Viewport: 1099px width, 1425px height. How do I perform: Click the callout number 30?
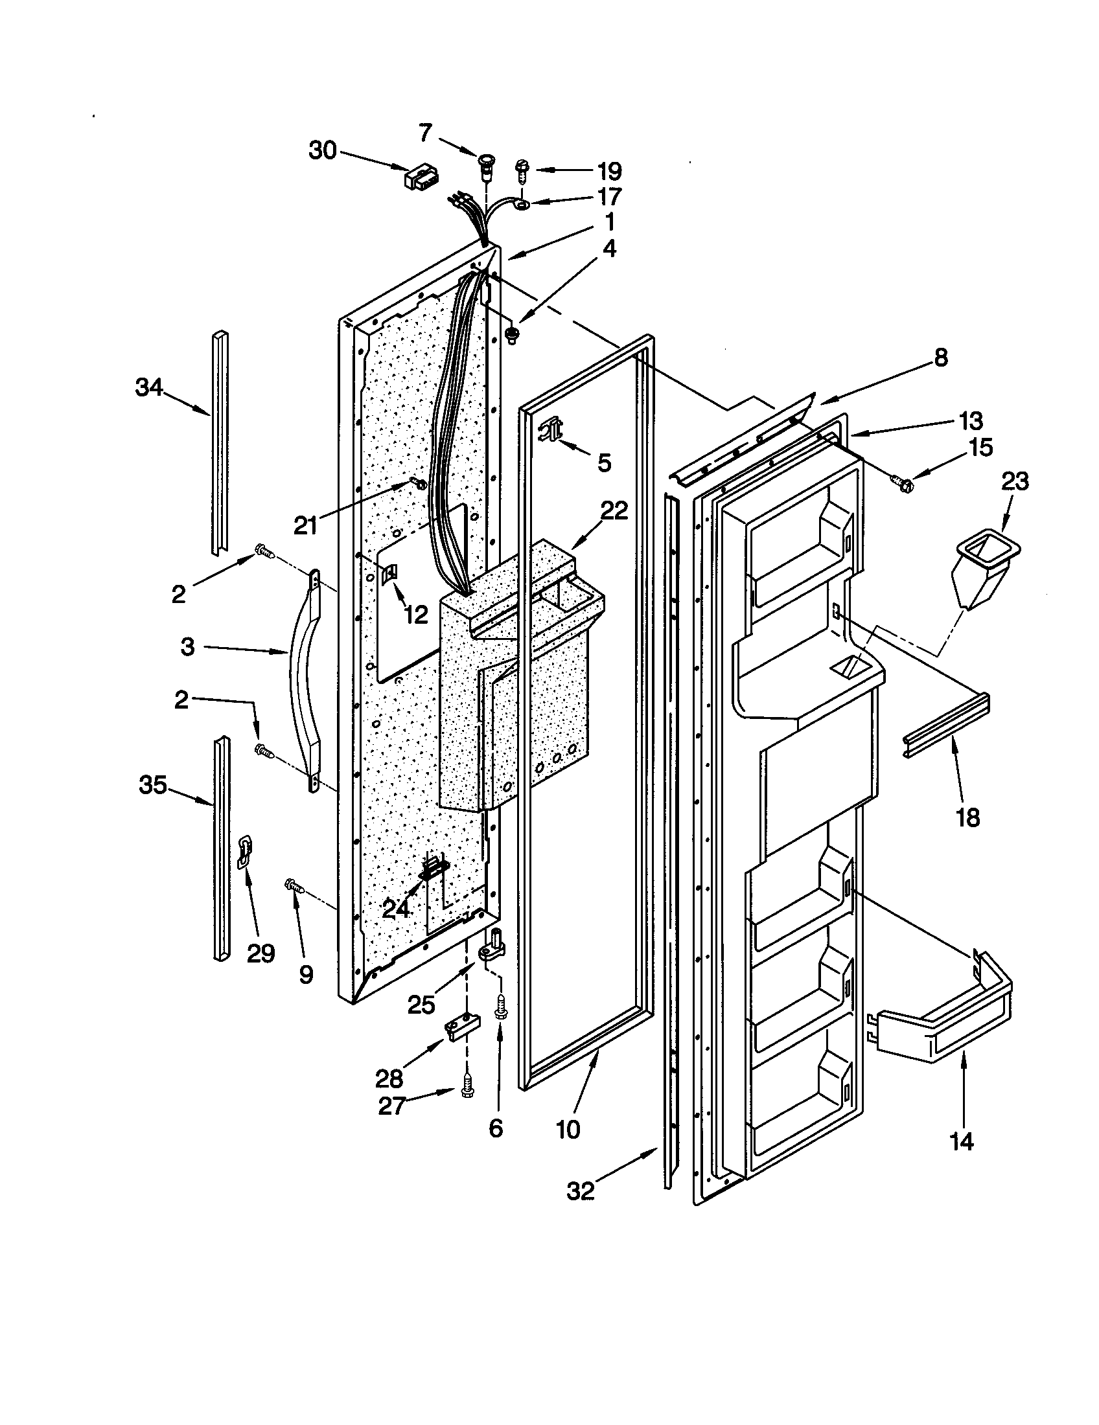click(x=323, y=151)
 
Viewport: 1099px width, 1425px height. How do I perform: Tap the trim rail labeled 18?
click(x=946, y=726)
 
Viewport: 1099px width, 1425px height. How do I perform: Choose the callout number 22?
click(x=614, y=510)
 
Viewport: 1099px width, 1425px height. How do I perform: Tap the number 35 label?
click(x=152, y=785)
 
